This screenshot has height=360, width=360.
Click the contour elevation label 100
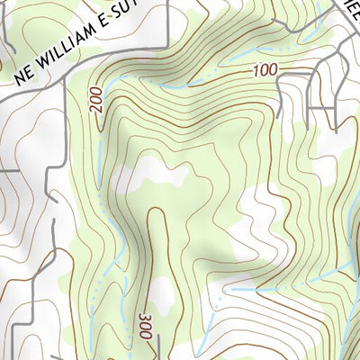tap(264, 70)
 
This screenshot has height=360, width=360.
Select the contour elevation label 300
tap(145, 327)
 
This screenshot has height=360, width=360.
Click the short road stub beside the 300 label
tap(157, 346)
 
